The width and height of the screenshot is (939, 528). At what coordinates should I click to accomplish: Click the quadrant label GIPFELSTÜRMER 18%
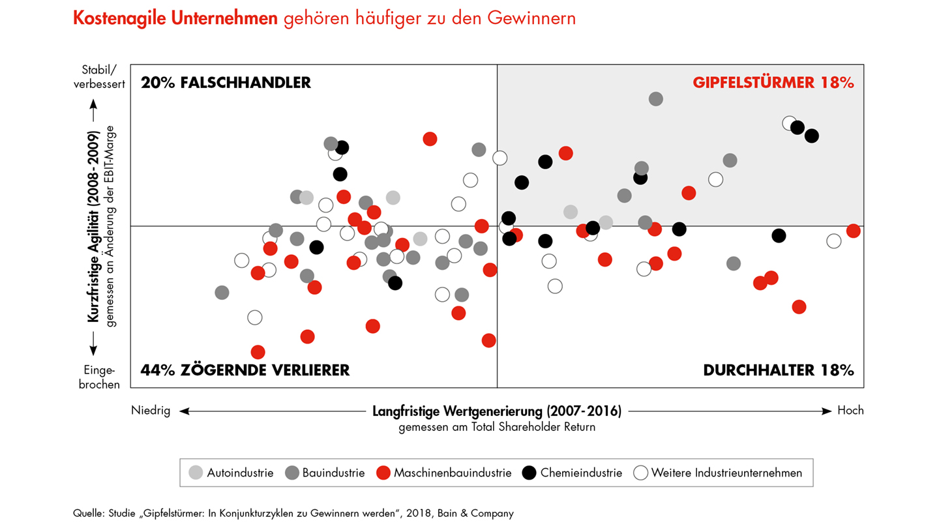773,83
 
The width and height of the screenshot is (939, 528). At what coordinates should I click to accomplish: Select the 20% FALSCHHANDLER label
226,83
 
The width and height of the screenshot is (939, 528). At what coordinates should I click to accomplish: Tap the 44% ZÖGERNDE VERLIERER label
245,370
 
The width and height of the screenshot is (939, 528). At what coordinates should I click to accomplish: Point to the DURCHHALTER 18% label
779,370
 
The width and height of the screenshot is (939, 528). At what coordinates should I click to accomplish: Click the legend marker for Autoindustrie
196,473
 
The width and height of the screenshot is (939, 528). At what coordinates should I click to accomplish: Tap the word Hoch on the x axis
850,411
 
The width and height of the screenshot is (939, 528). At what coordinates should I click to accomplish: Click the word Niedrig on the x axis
151,411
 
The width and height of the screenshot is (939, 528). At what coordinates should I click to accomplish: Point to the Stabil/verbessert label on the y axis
100,76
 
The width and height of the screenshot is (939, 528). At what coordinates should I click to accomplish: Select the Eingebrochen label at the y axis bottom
100,377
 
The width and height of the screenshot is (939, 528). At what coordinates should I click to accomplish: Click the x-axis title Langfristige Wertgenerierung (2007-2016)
497,411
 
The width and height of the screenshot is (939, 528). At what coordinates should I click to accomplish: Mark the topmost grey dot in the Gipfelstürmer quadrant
656,98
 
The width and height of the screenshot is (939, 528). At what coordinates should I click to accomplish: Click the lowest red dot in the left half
258,352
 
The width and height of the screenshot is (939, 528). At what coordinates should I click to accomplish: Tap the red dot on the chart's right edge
853,231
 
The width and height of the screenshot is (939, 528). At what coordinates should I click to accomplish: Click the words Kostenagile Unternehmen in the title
176,18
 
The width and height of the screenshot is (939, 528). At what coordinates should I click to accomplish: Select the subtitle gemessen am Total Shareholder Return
497,428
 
